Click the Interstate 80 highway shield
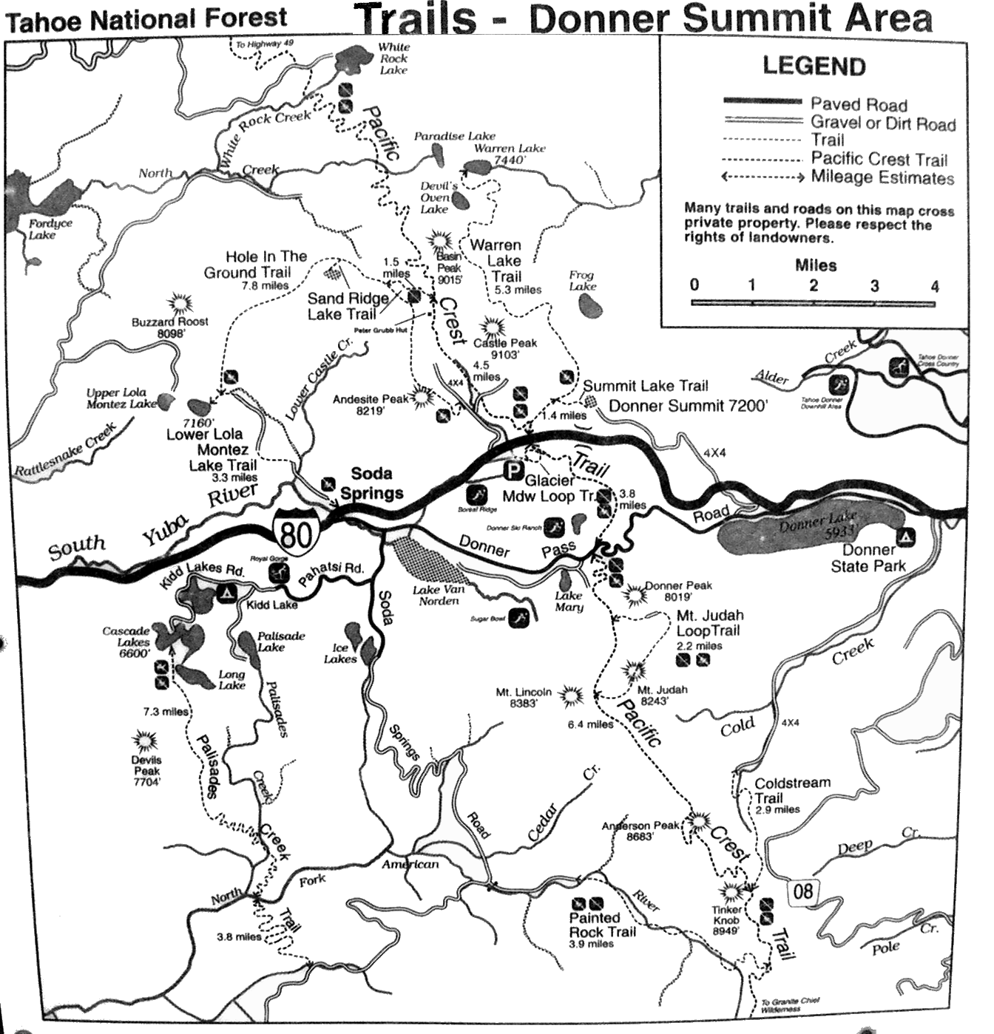tap(296, 530)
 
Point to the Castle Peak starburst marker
tap(491, 327)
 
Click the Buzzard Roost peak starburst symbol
tap(180, 303)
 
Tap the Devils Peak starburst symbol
tap(144, 741)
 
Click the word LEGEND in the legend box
tap(814, 67)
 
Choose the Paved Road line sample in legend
tap(762, 101)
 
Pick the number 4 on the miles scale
tap(934, 286)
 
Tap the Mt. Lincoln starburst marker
tap(570, 695)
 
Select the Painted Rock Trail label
tap(602, 925)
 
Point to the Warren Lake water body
tap(486, 168)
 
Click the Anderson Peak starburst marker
tap(697, 820)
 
